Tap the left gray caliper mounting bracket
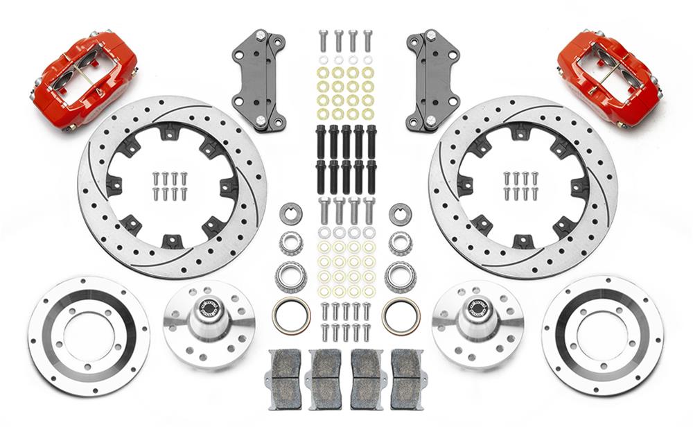(259, 80)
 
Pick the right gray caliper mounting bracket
(434, 80)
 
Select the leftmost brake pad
(285, 378)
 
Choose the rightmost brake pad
(407, 378)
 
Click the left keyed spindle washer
(290, 214)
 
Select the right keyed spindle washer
(400, 214)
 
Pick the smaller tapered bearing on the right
(400, 242)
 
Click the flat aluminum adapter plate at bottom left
(89, 336)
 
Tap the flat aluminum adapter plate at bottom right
(602, 336)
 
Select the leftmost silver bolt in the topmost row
(323, 40)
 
